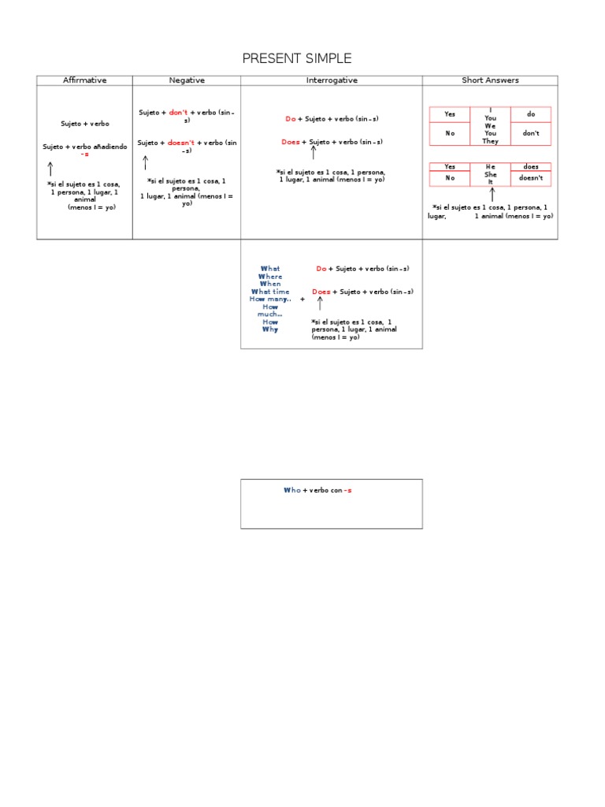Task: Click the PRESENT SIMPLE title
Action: (296, 58)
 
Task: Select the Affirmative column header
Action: (84, 80)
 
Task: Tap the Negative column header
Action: (187, 80)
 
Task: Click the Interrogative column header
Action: (332, 80)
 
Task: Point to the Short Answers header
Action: (490, 80)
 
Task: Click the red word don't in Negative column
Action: (178, 113)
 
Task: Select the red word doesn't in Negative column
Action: (180, 143)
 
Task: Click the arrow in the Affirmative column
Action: (50, 169)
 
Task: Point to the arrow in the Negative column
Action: (145, 163)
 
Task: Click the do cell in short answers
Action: (531, 114)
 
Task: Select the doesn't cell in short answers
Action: (531, 178)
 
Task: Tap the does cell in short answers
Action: (531, 167)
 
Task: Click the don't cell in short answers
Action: (531, 133)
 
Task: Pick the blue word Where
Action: (270, 277)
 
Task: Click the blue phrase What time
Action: (270, 292)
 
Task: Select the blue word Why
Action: (270, 329)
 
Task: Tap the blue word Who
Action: (291, 490)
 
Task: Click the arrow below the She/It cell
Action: (492, 194)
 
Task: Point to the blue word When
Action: (270, 284)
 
